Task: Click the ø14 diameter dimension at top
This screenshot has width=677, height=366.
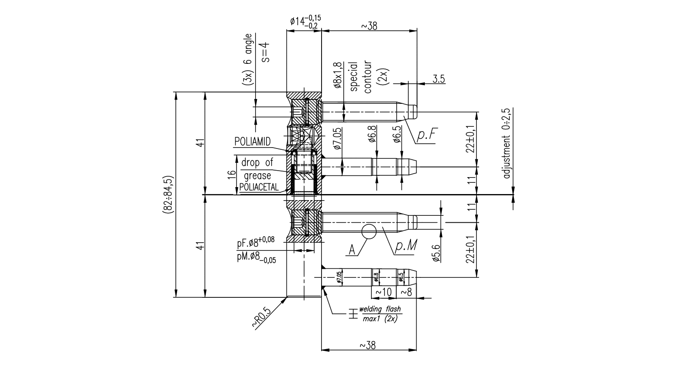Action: (x=305, y=21)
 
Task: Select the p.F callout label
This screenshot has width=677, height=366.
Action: (x=426, y=136)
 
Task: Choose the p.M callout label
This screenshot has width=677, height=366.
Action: (x=406, y=246)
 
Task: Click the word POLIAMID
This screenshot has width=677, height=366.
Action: (x=253, y=142)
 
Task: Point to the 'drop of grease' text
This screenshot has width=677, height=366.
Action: (x=257, y=169)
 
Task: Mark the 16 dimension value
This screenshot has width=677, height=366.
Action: (x=233, y=175)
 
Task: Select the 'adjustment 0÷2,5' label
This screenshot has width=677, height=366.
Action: (x=506, y=143)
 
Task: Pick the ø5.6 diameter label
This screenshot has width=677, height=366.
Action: (x=436, y=253)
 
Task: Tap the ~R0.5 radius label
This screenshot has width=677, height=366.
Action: (x=262, y=317)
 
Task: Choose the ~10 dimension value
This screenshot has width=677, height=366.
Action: (x=383, y=292)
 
